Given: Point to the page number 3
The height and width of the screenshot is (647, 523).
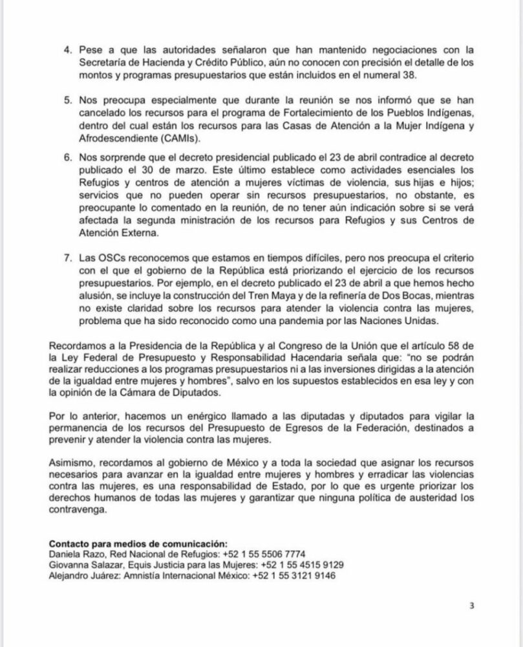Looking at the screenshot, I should (472, 606).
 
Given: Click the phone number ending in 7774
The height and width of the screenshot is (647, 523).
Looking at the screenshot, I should (264, 554).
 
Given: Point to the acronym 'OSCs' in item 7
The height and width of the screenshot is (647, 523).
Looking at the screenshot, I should (110, 265).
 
